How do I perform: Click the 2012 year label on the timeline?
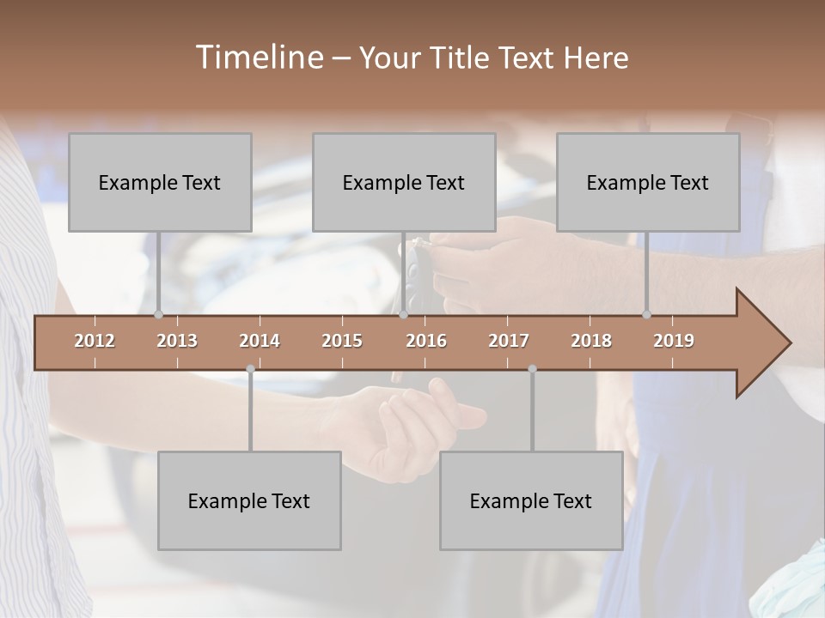coord(95,341)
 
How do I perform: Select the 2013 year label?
coord(177,341)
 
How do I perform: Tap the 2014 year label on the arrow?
coord(260,341)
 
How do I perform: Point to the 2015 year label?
coord(342,341)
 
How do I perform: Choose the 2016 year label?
coord(426,341)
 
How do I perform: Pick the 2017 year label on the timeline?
coord(509,341)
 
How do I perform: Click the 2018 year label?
coord(591,341)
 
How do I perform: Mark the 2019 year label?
coord(674,341)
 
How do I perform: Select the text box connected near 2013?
coord(160,182)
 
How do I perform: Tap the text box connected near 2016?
coord(404,182)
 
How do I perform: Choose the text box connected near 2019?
coord(648,182)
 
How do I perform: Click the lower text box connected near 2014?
coord(249,500)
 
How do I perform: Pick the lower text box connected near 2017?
coord(531,500)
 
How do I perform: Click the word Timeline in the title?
coord(258,58)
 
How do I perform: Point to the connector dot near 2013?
coord(158,315)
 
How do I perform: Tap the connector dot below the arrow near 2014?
coord(250,369)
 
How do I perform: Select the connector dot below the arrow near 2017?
coord(532,369)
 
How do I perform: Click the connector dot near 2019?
coord(646,315)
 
